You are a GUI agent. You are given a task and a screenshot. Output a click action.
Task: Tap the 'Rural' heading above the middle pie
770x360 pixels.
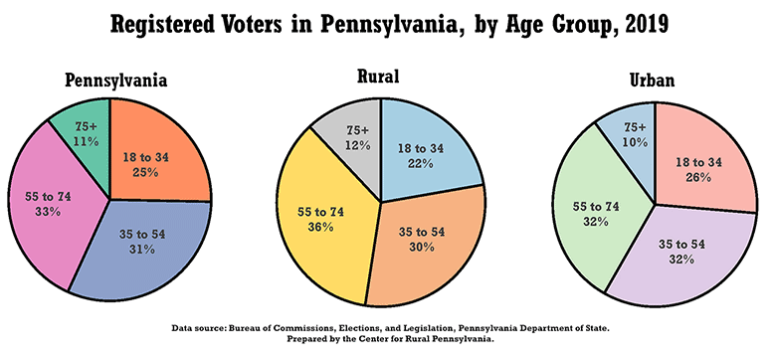click(380, 76)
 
